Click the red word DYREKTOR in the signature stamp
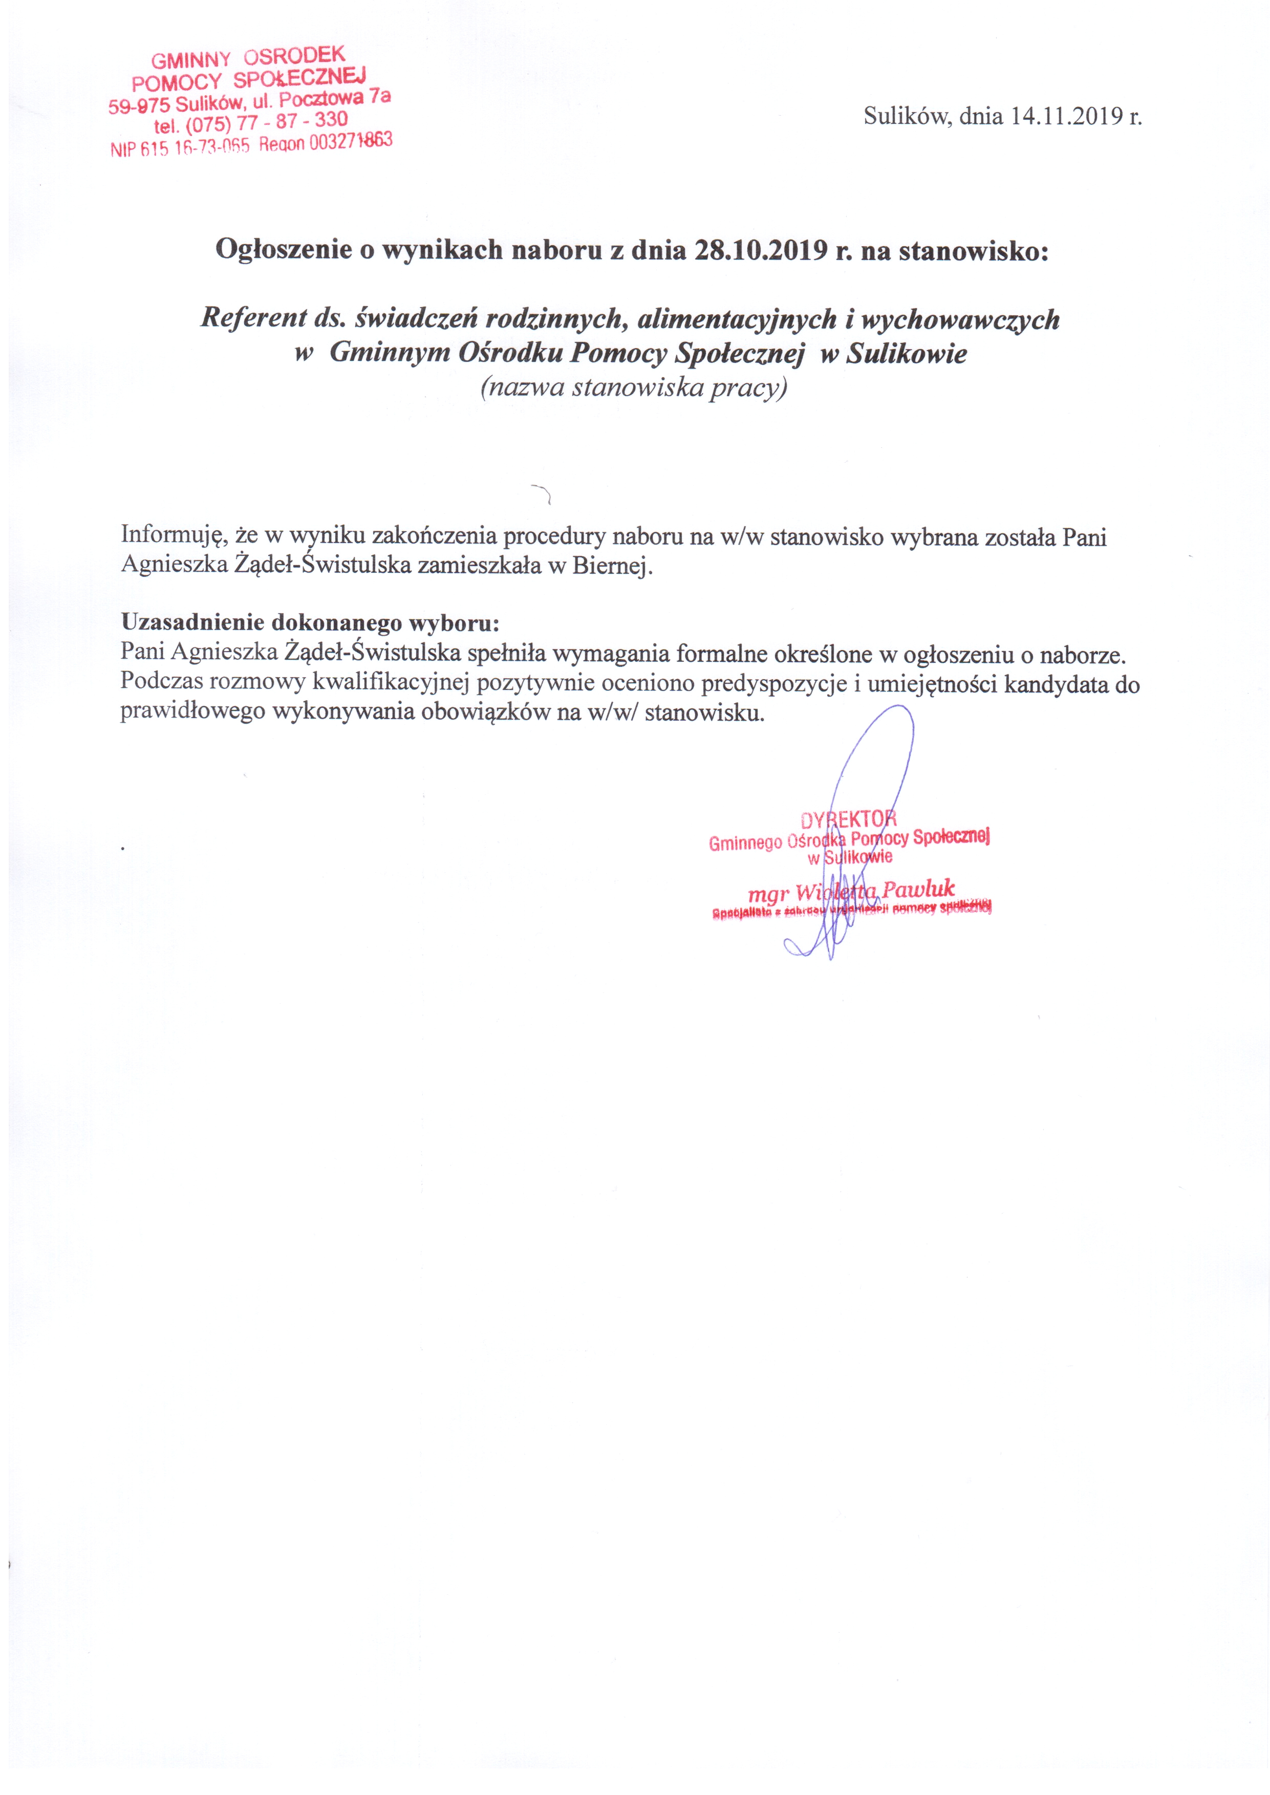coord(849,819)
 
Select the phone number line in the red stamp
coord(250,123)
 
